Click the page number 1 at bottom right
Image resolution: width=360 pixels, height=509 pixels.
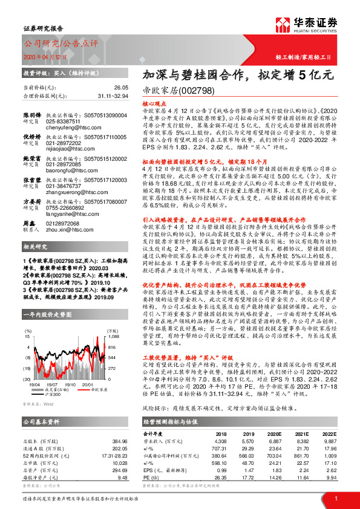point(335,498)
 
